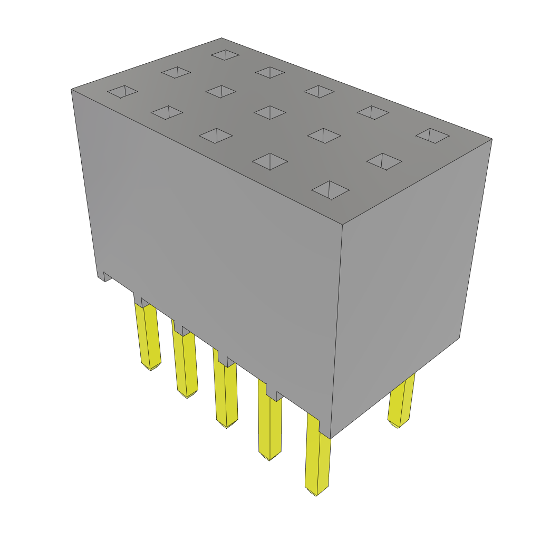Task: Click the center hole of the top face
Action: point(270,112)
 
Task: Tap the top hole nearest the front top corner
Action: point(330,190)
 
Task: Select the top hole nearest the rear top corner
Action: point(225,55)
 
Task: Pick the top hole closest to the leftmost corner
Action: point(122,92)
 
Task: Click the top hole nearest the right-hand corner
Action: point(432,136)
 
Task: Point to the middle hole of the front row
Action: point(216,136)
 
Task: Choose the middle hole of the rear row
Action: point(319,92)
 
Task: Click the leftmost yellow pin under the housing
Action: point(148,337)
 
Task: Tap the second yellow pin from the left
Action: point(185,364)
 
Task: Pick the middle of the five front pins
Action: point(226,393)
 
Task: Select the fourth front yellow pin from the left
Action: point(269,427)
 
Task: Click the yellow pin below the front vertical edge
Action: point(317,461)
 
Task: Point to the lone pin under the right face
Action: point(401,401)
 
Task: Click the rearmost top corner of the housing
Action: point(221,38)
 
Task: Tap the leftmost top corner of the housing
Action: point(72,90)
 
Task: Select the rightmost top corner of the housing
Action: point(491,139)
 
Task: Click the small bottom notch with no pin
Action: point(107,276)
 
